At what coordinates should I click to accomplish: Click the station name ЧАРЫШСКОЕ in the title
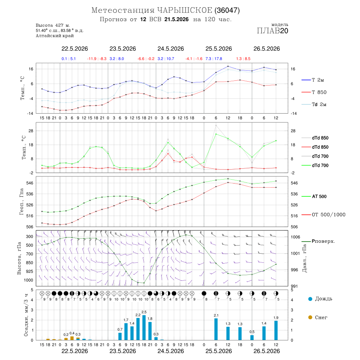coord(185,10)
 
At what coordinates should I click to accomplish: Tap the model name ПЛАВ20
coord(272,31)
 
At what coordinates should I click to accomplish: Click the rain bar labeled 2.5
coord(144,328)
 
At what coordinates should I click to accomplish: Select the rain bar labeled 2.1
coord(216,329)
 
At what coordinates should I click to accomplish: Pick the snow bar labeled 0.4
coord(72,338)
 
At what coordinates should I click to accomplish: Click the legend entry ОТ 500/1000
coord(323,215)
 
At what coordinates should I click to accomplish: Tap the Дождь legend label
coord(324,299)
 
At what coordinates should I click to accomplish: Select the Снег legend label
coord(321,317)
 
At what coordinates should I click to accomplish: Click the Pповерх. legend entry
coord(318,241)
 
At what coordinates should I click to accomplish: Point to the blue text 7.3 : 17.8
coord(214,59)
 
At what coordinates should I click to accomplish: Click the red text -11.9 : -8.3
coord(97,59)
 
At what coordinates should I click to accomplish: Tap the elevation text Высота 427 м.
coord(53,25)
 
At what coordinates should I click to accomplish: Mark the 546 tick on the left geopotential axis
coord(30,183)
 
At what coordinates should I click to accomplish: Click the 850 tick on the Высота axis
coord(29,263)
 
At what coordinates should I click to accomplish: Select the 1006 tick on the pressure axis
coord(295,237)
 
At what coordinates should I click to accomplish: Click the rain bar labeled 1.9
coord(276,330)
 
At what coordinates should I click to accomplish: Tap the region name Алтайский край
coord(55,36)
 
